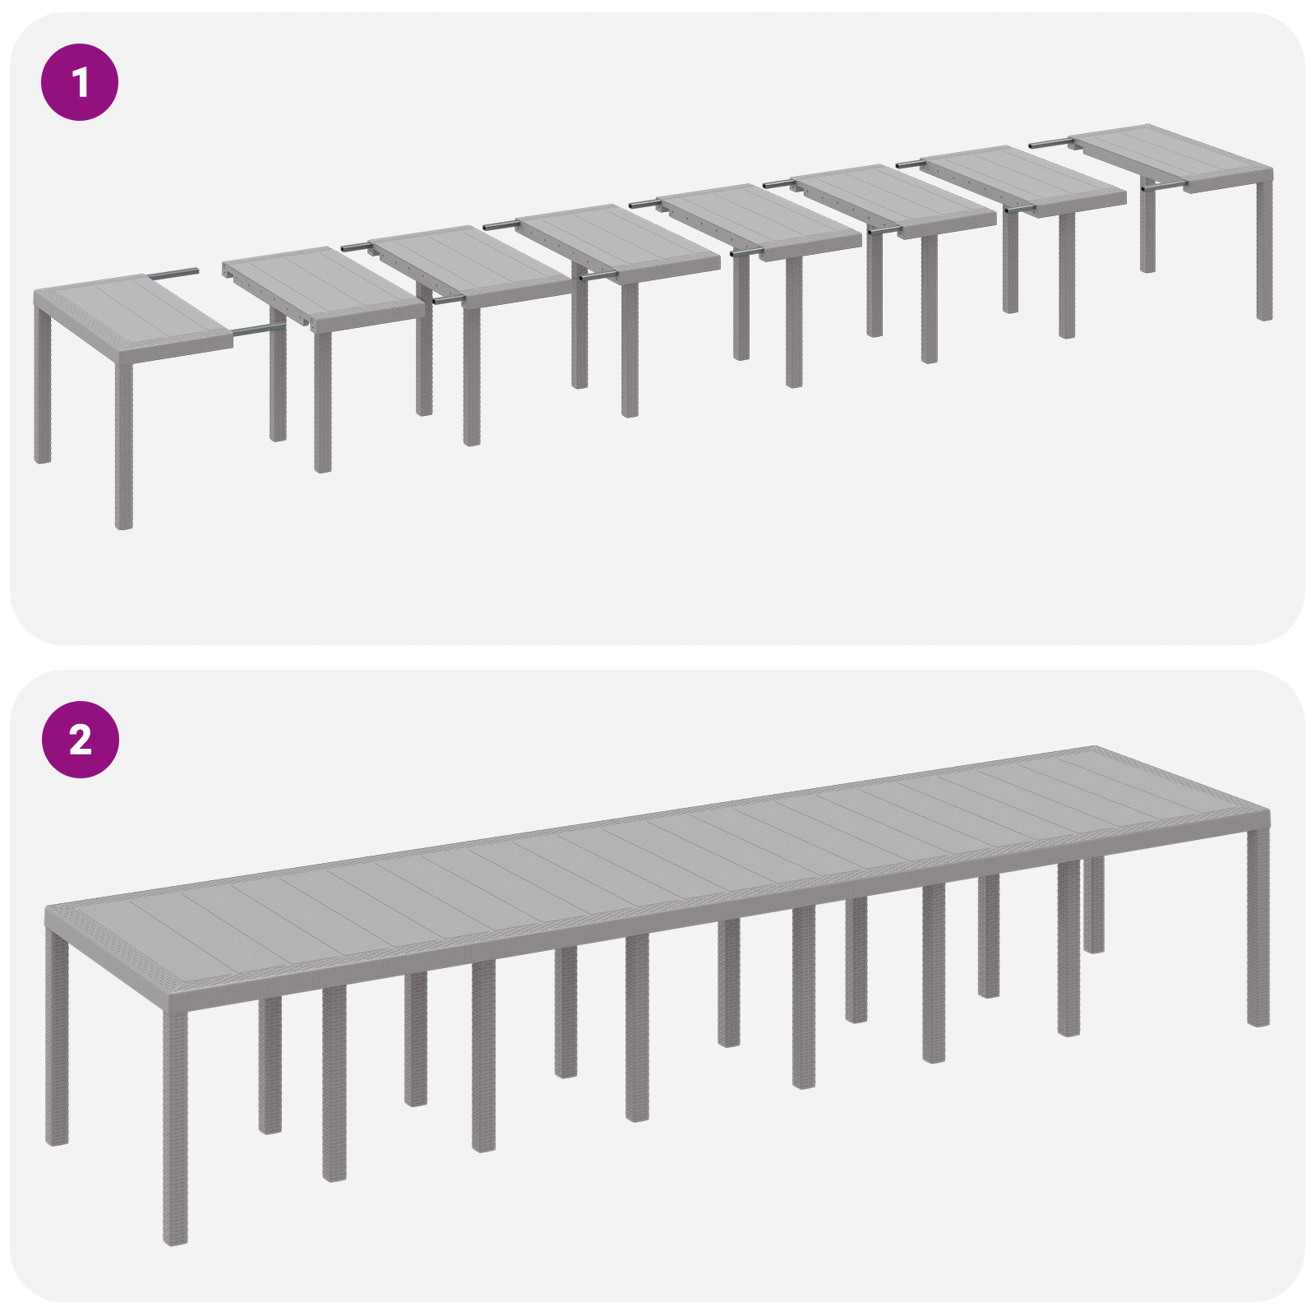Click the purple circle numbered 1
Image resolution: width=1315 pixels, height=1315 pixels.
(x=80, y=82)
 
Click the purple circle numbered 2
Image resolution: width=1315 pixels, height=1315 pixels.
(x=80, y=740)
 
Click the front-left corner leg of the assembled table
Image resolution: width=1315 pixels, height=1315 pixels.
(x=175, y=1126)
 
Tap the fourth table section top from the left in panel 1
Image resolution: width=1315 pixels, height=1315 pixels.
(x=616, y=238)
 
